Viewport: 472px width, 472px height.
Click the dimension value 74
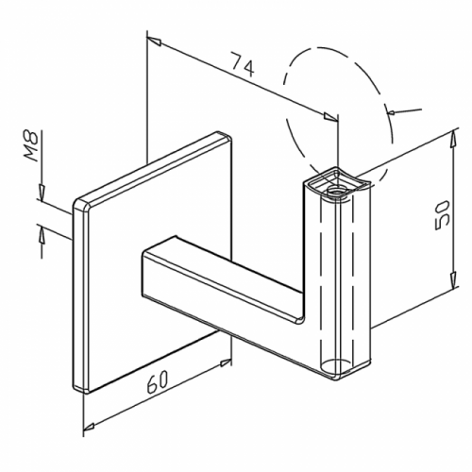[243, 64]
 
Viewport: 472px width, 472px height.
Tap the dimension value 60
[157, 380]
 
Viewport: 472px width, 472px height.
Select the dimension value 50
[441, 215]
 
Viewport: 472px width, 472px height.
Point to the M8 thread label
[31, 146]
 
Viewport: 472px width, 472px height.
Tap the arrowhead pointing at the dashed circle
[392, 111]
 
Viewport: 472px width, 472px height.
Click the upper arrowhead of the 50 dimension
[452, 139]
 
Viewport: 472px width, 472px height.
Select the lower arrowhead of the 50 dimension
[452, 279]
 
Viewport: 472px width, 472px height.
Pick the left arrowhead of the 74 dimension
[154, 42]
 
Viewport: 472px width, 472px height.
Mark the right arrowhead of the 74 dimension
[330, 116]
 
